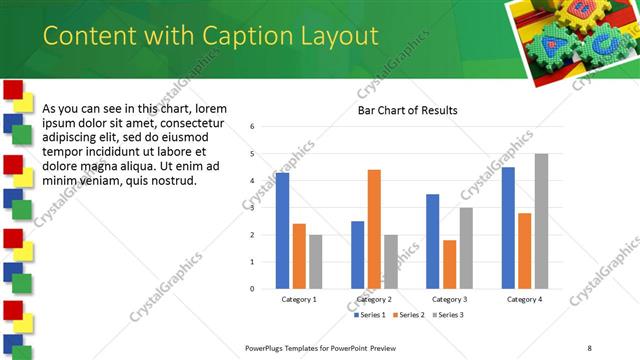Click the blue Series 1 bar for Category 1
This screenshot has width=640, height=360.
pos(282,231)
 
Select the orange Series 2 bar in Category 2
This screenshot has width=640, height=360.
pos(374,229)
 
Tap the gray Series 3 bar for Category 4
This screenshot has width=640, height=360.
pos(541,221)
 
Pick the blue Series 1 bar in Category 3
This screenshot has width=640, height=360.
pos(432,241)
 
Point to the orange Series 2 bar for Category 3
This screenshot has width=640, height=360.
pos(449,264)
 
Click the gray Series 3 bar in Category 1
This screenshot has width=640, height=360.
pos(316,261)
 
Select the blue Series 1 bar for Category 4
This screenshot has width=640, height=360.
pos(508,228)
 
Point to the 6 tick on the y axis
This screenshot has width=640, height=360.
pos(253,127)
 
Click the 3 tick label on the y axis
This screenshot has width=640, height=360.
pos(253,208)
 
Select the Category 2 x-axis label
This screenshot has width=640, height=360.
pos(374,299)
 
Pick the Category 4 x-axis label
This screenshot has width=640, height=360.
pos(524,299)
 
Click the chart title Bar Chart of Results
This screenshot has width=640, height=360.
pos(408,110)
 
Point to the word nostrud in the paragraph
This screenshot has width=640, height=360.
pos(170,180)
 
